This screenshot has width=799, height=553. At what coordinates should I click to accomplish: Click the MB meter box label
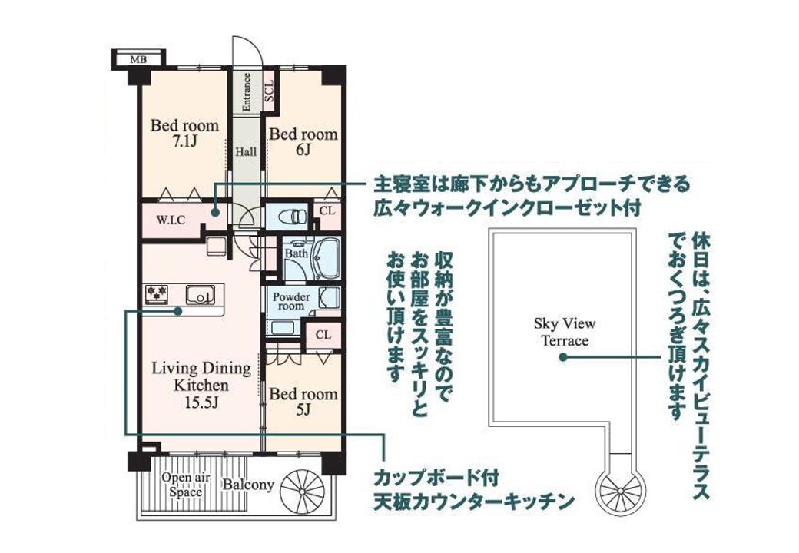[138, 59]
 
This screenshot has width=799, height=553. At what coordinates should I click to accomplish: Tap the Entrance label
[247, 92]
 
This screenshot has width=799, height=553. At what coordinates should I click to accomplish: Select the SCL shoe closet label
[269, 90]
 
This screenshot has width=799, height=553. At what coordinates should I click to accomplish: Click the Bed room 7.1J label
[184, 133]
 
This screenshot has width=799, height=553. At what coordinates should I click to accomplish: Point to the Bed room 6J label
[303, 141]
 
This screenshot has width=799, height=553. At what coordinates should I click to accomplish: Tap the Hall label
[246, 152]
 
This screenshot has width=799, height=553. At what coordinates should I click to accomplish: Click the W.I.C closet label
[171, 220]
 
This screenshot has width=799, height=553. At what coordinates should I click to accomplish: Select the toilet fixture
[293, 217]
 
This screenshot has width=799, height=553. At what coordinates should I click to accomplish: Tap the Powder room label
[291, 301]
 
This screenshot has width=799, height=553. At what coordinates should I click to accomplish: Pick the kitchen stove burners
[157, 294]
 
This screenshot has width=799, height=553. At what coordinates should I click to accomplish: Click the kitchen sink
[200, 294]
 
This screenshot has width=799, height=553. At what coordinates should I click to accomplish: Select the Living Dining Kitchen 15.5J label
[201, 386]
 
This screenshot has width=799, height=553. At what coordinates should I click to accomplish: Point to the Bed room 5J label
[303, 401]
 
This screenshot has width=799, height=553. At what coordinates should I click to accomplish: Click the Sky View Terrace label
[565, 332]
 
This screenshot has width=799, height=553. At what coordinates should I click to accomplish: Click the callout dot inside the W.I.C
[215, 213]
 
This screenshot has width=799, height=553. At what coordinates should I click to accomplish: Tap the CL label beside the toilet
[327, 210]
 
